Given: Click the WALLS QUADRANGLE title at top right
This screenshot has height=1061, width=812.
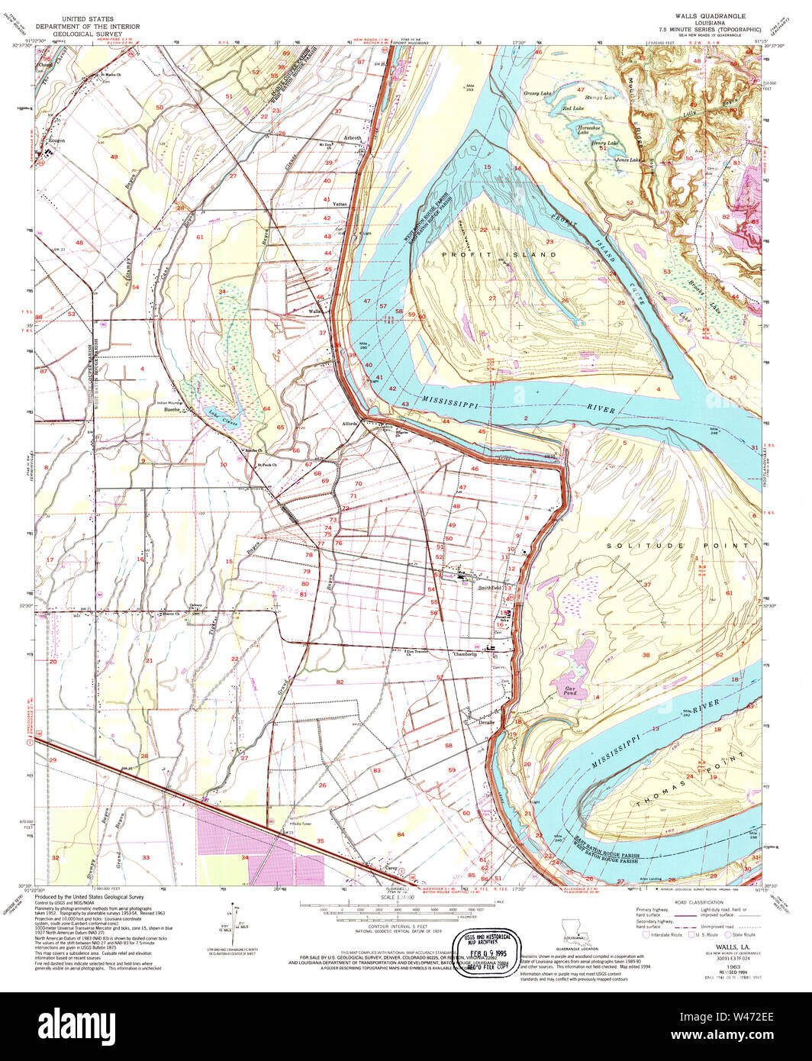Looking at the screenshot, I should (x=704, y=15).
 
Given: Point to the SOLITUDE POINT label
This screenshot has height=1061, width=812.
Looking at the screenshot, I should (x=678, y=546).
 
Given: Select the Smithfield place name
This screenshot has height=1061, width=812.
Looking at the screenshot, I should (x=489, y=588).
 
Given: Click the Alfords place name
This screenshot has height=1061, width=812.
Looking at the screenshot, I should (x=350, y=424).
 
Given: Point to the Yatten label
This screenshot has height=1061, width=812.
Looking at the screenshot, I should (x=340, y=205).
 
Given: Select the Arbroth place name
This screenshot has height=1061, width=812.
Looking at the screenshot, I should (x=352, y=138).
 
